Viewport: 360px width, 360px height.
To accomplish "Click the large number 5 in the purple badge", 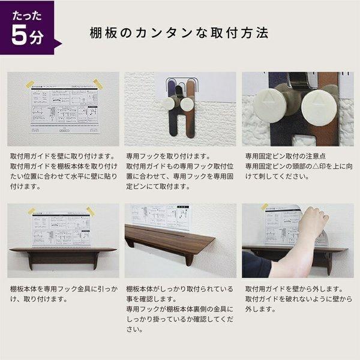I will click(x=19, y=37).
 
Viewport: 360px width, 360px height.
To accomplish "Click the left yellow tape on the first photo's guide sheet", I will click(x=30, y=85).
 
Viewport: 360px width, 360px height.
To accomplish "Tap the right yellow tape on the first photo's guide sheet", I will click(x=98, y=85).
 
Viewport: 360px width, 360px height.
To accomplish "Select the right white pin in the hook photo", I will click(x=187, y=104).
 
